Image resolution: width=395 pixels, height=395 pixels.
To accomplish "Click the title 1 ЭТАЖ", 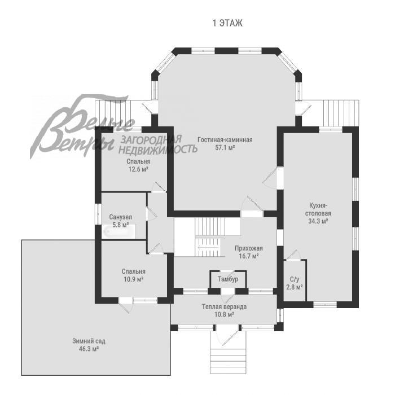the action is coord(227,23).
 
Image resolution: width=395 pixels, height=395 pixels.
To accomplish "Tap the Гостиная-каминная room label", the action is coord(225,139).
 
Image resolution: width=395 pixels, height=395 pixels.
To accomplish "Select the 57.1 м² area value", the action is coord(225,148).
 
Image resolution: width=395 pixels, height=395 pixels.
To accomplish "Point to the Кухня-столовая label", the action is coord(318,209).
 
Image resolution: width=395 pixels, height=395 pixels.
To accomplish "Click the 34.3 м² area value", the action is coord(318,221).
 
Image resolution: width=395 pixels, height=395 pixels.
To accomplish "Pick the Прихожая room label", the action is coord(249,248).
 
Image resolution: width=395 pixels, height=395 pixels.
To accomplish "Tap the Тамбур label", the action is coord(228,279).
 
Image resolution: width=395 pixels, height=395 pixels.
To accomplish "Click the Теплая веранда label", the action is coord(224,306).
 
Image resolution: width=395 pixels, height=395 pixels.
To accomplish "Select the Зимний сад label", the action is coord(89,341).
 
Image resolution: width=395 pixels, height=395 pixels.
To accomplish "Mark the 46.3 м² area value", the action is coord(89,349).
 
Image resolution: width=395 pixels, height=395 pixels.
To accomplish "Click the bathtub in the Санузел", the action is coord(119,231).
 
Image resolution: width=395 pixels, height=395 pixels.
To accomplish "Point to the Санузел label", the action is coord(120,217).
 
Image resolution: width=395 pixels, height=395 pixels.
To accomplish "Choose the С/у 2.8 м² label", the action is coord(295,283).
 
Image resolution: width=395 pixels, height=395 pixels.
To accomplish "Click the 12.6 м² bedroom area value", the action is coord(138,169).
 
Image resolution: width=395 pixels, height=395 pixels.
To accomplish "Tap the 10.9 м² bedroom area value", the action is coord(134,279).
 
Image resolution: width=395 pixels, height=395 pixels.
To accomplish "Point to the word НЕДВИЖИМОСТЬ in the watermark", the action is coord(158,149).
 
